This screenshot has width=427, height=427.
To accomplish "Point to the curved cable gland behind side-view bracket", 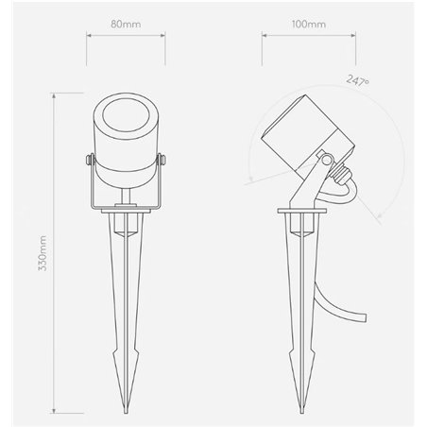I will (348, 184).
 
